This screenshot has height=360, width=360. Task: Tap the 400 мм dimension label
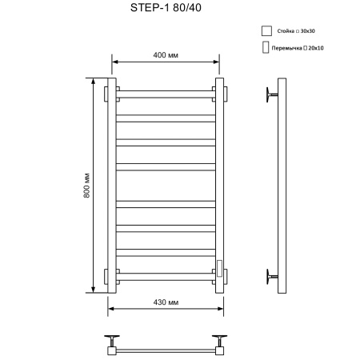(165, 54)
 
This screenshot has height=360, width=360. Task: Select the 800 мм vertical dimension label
(86, 186)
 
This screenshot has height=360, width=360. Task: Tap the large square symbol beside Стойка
(266, 31)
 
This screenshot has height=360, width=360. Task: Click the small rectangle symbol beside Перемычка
(265, 48)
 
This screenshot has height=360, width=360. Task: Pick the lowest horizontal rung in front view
(166, 276)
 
